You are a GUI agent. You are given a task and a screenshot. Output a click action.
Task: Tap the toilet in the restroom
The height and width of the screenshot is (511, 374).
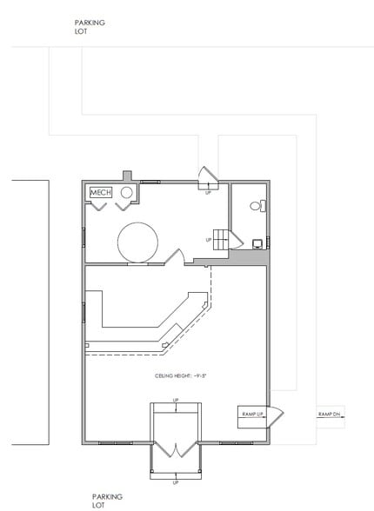[x=256, y=207]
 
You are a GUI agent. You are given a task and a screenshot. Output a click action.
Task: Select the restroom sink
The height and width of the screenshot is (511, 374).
[x=257, y=244]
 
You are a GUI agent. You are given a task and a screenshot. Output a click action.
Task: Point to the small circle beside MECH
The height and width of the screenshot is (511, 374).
[x=125, y=191]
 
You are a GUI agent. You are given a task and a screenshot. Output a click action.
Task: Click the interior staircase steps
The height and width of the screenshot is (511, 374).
[x=225, y=240]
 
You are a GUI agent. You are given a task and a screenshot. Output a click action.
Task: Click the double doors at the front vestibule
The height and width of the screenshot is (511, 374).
[x=176, y=452]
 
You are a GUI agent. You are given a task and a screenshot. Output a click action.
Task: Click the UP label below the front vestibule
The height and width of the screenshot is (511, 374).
[x=176, y=482]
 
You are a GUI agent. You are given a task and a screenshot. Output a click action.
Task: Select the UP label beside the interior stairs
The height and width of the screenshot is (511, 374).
[x=209, y=240]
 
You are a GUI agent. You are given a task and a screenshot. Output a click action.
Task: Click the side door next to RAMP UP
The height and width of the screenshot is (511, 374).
[x=271, y=417]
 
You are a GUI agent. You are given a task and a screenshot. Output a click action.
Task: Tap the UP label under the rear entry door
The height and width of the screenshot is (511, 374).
[x=208, y=192]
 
